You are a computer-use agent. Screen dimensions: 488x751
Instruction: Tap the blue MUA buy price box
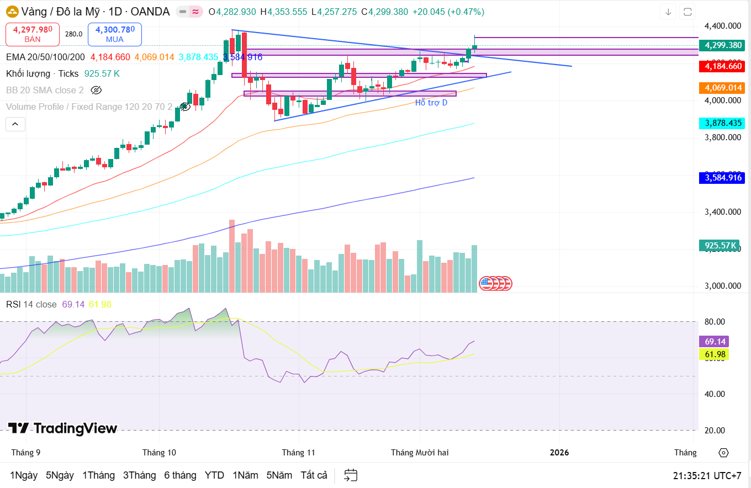(x=114, y=34)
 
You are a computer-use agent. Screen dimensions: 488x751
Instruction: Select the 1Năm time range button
(x=245, y=475)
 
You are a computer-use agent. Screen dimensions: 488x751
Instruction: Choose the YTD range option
(x=214, y=475)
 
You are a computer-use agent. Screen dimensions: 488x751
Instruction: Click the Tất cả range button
(x=314, y=475)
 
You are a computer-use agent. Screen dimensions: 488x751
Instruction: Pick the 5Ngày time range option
(x=60, y=475)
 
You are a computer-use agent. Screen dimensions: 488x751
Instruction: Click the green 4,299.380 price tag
(x=721, y=46)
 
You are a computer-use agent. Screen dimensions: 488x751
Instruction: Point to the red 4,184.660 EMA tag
(x=721, y=66)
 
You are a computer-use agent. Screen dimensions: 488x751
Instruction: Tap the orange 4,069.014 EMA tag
(x=721, y=88)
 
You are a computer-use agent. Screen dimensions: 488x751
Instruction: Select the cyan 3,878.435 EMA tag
(x=721, y=123)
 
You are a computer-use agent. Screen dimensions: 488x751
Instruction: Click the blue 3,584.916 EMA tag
(x=721, y=178)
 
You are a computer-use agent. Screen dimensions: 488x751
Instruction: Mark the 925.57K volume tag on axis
(x=721, y=245)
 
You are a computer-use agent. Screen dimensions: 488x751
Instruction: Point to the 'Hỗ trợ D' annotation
(x=431, y=103)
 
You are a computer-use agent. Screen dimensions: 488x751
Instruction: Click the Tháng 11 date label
(x=298, y=453)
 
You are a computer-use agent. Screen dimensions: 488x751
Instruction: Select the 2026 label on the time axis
(x=559, y=453)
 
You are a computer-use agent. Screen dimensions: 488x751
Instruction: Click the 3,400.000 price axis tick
(x=722, y=211)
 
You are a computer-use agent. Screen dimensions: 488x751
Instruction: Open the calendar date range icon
(x=351, y=475)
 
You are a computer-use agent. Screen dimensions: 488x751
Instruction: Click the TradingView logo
(x=63, y=428)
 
